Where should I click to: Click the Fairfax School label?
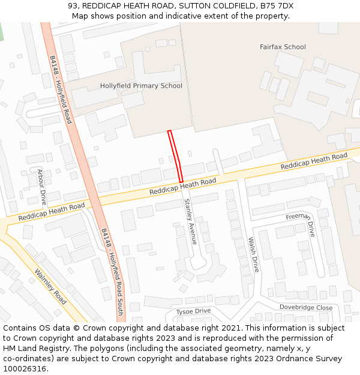(283, 47)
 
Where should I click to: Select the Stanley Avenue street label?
(190, 221)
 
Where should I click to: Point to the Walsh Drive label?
(253, 254)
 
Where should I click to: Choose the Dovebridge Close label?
(305, 307)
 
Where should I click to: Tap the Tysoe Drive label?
(193, 311)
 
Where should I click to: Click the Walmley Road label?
(51, 286)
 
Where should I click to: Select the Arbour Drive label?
(42, 187)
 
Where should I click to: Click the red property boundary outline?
(175, 156)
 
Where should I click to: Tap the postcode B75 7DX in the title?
(277, 6)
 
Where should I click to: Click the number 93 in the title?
(73, 6)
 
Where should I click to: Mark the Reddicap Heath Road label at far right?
(314, 161)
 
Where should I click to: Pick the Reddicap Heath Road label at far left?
(51, 211)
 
